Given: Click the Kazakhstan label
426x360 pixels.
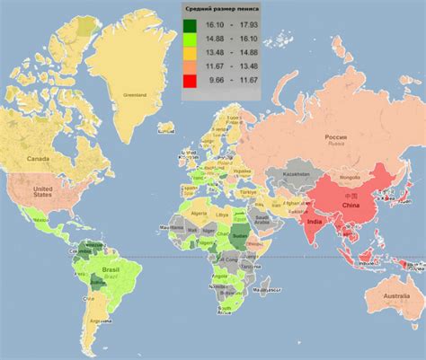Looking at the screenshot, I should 296,172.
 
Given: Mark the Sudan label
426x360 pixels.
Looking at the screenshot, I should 239,232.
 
